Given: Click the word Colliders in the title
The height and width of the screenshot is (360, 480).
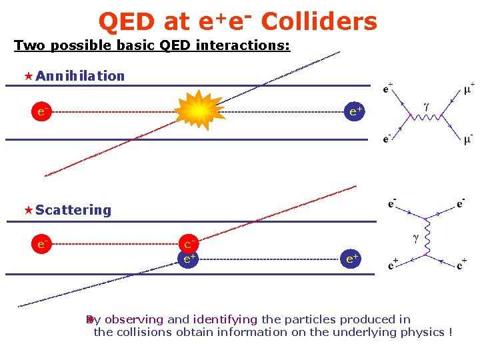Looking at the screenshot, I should pos(319,22).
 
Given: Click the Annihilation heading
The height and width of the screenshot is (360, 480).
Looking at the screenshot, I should pos(80,76).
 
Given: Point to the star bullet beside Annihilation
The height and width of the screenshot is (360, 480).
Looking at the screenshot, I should pos(29,76).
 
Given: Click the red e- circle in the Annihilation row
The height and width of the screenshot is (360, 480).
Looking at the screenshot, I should pos(41,111).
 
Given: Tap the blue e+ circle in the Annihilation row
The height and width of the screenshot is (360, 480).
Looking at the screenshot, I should pos(355,111).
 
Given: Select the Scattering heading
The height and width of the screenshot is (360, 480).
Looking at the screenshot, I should pos(73,210).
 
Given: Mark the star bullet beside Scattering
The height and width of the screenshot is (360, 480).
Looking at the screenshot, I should pos(29,210).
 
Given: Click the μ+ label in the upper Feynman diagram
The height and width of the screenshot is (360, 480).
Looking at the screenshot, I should pos(469,87).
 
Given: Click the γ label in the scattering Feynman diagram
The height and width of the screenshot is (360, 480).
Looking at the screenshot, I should pos(415,237).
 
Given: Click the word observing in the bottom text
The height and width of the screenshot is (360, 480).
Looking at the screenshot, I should pos(134,319).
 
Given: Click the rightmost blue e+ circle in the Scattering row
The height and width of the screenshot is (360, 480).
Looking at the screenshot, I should pos(351,259).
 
